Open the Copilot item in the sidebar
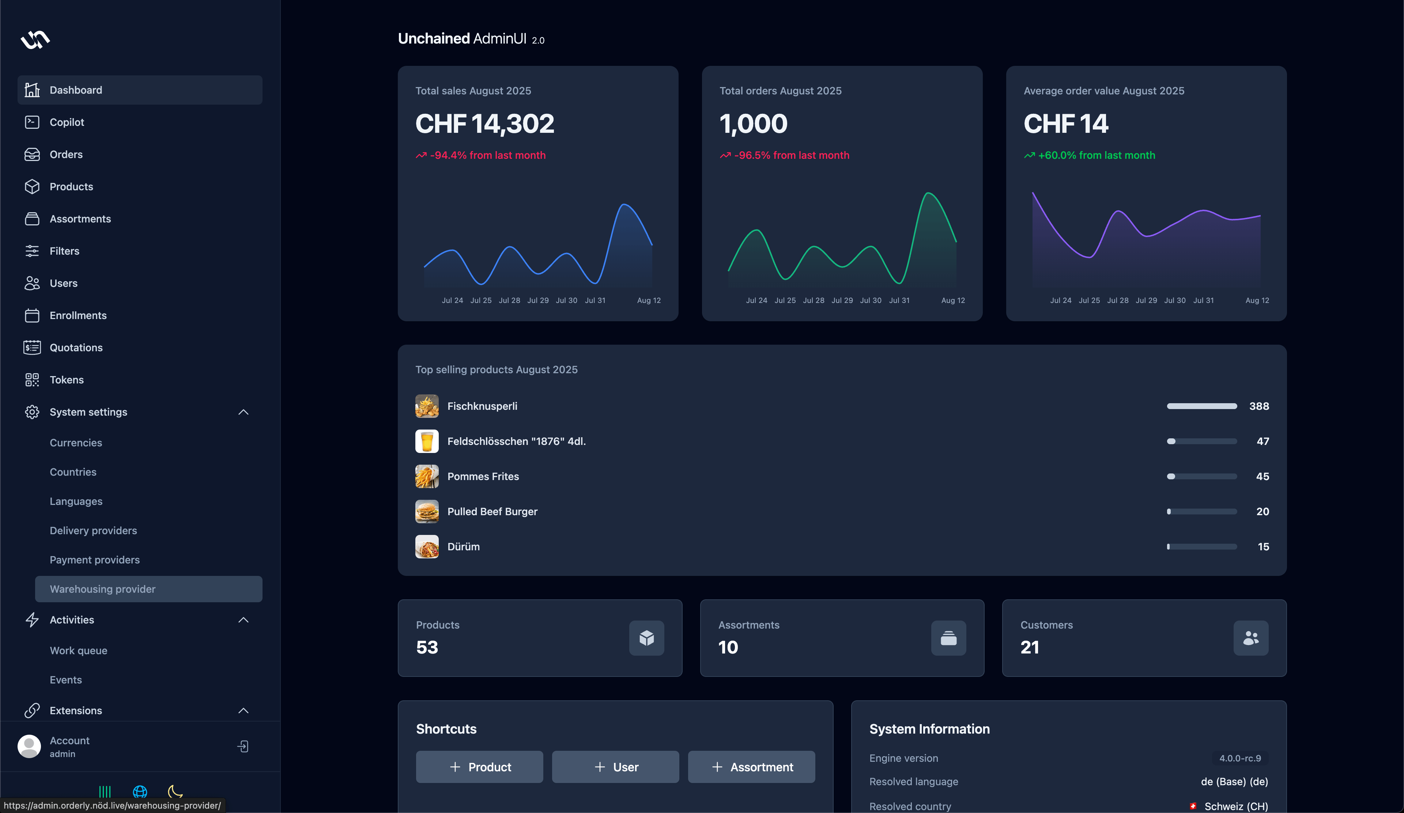(x=66, y=122)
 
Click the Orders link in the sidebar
(x=66, y=154)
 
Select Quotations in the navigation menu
(x=76, y=347)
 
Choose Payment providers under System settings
(x=94, y=560)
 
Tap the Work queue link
(x=78, y=651)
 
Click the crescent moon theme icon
(x=175, y=791)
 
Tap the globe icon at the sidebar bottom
(x=140, y=791)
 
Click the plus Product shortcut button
(x=479, y=767)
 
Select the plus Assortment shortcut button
(x=751, y=767)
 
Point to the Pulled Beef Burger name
(x=492, y=512)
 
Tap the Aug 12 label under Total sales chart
(x=649, y=300)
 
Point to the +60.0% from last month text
(x=1096, y=156)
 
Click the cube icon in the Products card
(x=646, y=638)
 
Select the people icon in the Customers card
(x=1251, y=638)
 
